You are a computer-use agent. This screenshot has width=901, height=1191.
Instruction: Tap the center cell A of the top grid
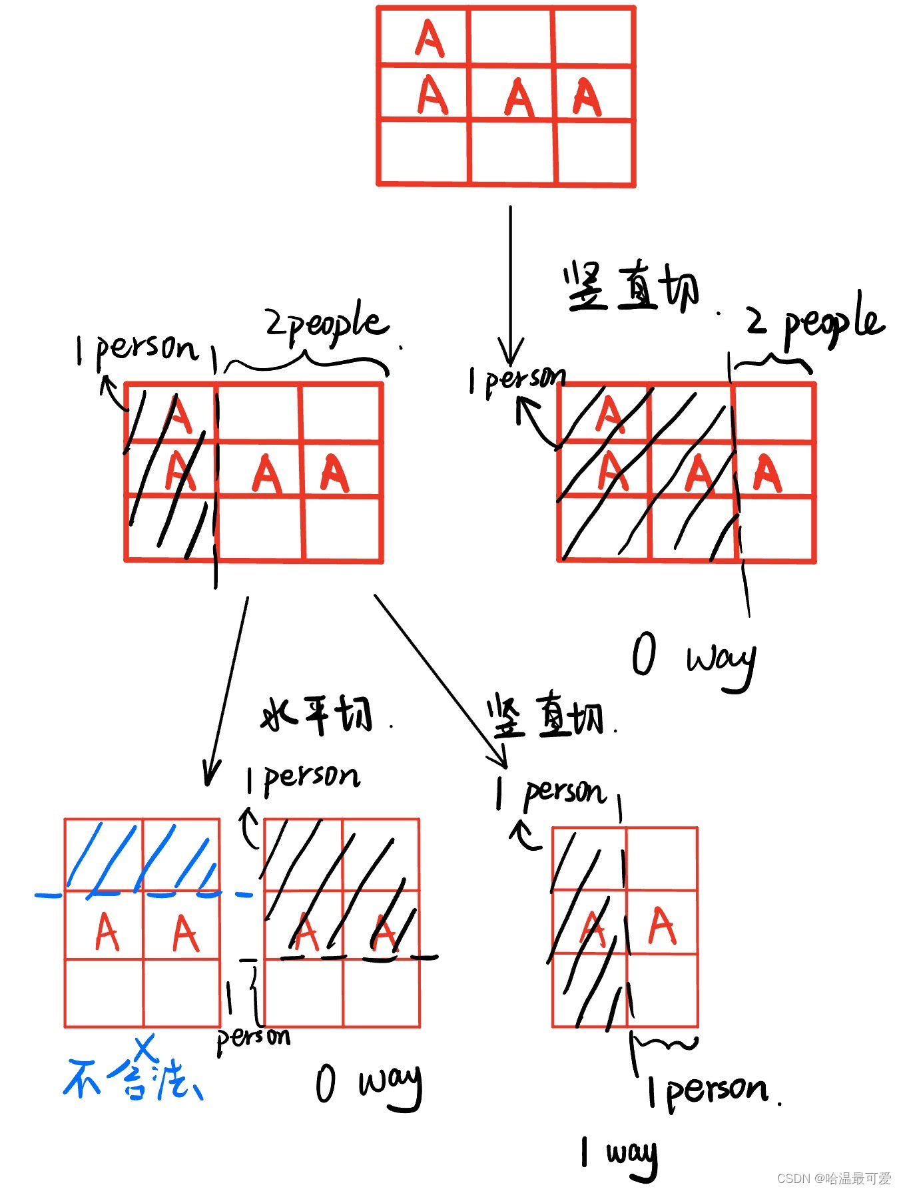pyautogui.click(x=519, y=98)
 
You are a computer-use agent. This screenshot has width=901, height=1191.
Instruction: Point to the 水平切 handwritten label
pyautogui.click(x=317, y=715)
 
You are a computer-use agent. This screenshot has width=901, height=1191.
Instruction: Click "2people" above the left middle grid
pyautogui.click(x=326, y=324)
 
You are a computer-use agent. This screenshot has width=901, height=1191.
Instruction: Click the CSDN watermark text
pyautogui.click(x=833, y=1178)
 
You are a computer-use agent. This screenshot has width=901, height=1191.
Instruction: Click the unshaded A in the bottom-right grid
pyautogui.click(x=662, y=925)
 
